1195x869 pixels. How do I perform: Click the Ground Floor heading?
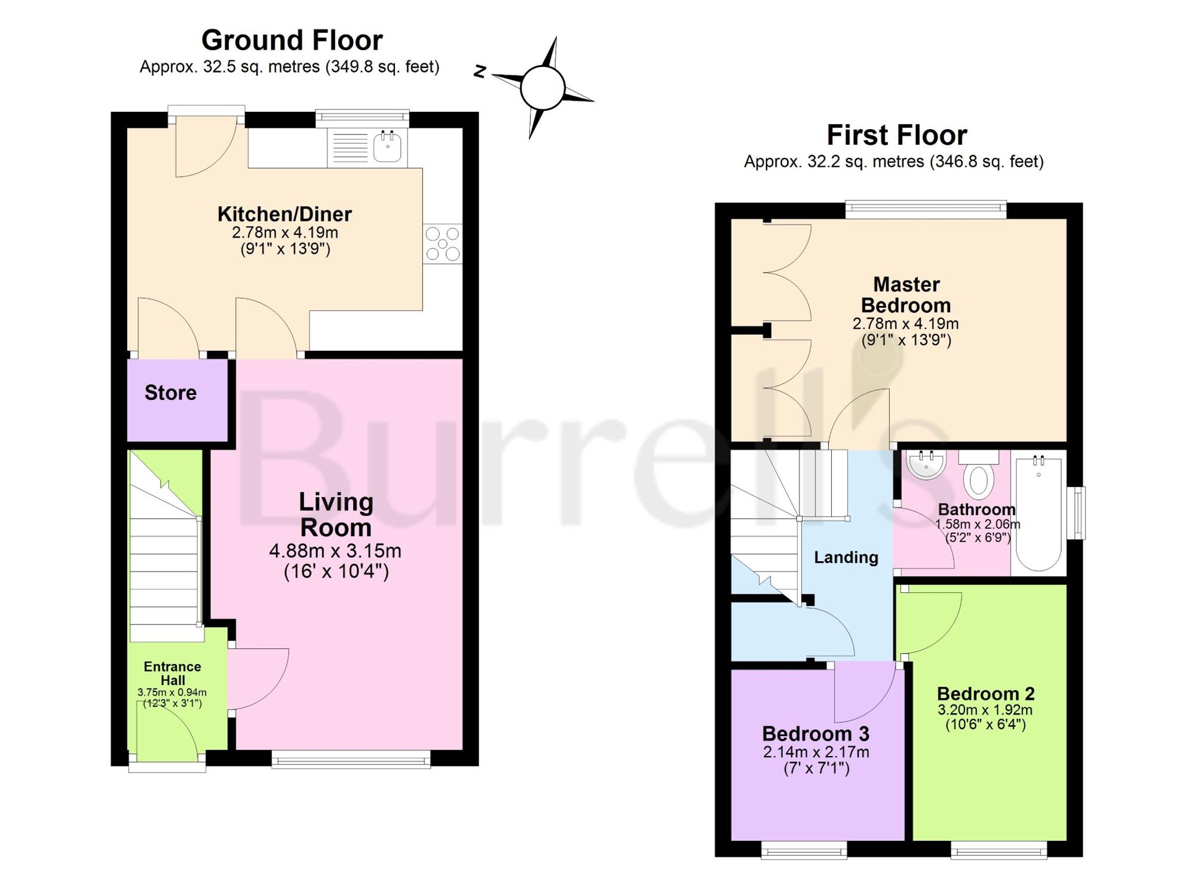coord(292,41)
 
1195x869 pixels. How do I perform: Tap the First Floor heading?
coord(896,135)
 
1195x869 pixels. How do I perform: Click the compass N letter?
coord(480,71)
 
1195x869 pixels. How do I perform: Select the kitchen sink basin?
coord(387,147)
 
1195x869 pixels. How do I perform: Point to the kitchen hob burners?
coord(443,244)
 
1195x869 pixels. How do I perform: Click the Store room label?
coord(170,393)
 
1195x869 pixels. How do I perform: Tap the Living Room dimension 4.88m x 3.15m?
coord(335,550)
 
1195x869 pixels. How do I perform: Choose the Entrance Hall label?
coord(173,673)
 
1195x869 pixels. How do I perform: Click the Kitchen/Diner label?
coord(284,213)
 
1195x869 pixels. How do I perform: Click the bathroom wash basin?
coord(926,464)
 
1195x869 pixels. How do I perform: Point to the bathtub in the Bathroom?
coord(1038,513)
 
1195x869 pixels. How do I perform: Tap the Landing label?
coord(846,558)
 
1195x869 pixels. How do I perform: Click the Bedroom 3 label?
coord(816,733)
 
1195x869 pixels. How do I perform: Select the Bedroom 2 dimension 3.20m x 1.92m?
coord(985,710)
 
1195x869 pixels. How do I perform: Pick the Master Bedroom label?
coord(906,295)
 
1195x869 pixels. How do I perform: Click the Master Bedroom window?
coord(926,209)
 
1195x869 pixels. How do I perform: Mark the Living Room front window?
coord(351,759)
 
